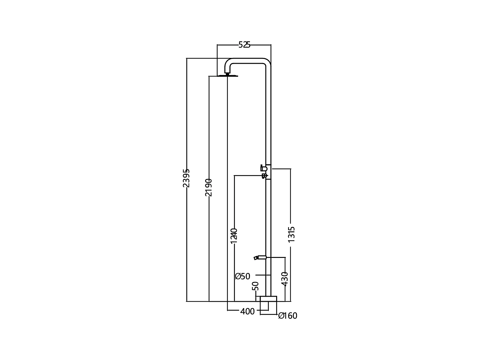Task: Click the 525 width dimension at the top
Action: pos(244,45)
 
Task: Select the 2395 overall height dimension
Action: pos(186,178)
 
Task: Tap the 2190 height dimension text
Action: pos(209,187)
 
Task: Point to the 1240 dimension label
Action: pos(234,236)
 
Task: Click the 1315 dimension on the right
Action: pos(291,234)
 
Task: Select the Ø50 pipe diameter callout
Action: pos(243,276)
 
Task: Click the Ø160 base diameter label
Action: pos(288,316)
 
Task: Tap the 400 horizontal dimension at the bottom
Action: pos(247,311)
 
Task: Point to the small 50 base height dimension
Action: pos(255,286)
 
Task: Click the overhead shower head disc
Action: pos(228,76)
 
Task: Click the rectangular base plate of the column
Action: pos(268,299)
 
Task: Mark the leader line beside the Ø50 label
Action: pos(263,275)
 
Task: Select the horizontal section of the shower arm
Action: pos(248,61)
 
